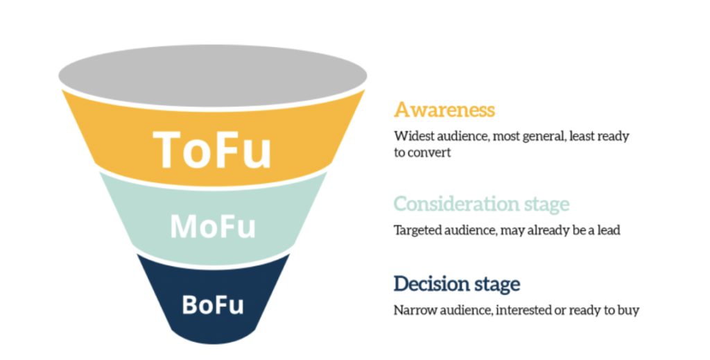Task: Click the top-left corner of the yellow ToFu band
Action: click(x=62, y=91)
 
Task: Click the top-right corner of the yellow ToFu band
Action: click(x=365, y=90)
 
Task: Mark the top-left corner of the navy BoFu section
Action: click(x=137, y=255)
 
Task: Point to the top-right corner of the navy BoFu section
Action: click(x=289, y=254)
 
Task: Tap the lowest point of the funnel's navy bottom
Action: click(x=214, y=344)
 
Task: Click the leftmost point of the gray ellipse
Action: click(x=58, y=76)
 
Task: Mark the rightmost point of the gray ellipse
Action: click(x=367, y=76)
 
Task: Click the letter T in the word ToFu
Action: click(x=168, y=149)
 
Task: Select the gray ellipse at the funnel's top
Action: click(x=213, y=76)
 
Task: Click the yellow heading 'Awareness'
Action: click(x=444, y=110)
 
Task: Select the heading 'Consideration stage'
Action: click(x=481, y=204)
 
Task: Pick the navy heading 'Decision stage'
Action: click(x=457, y=284)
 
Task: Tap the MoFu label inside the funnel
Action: click(x=213, y=226)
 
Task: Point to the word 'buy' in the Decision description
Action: click(x=629, y=311)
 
